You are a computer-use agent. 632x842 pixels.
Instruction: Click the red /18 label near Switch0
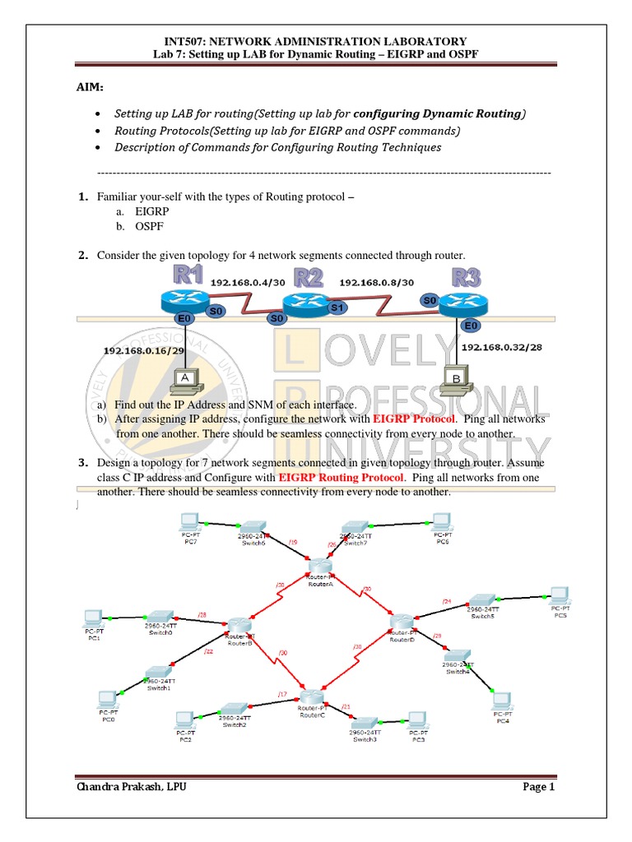pos(202,614)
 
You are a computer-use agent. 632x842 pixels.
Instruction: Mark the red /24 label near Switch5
pos(447,602)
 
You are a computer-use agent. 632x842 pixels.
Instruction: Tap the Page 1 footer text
pos(539,787)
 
